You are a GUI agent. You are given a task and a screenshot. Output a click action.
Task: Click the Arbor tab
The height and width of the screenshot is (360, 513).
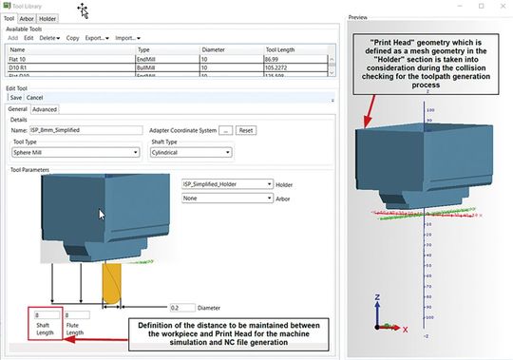[28, 18]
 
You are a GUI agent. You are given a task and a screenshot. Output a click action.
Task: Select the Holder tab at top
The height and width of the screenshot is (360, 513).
[47, 18]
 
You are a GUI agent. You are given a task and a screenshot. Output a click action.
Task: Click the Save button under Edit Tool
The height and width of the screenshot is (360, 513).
[15, 97]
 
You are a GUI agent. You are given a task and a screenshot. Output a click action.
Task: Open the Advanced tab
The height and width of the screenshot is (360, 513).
[45, 109]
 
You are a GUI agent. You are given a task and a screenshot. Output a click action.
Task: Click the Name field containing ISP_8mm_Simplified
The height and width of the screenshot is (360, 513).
[86, 130]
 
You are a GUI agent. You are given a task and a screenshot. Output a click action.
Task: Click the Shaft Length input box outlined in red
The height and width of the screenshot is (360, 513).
[47, 315]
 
